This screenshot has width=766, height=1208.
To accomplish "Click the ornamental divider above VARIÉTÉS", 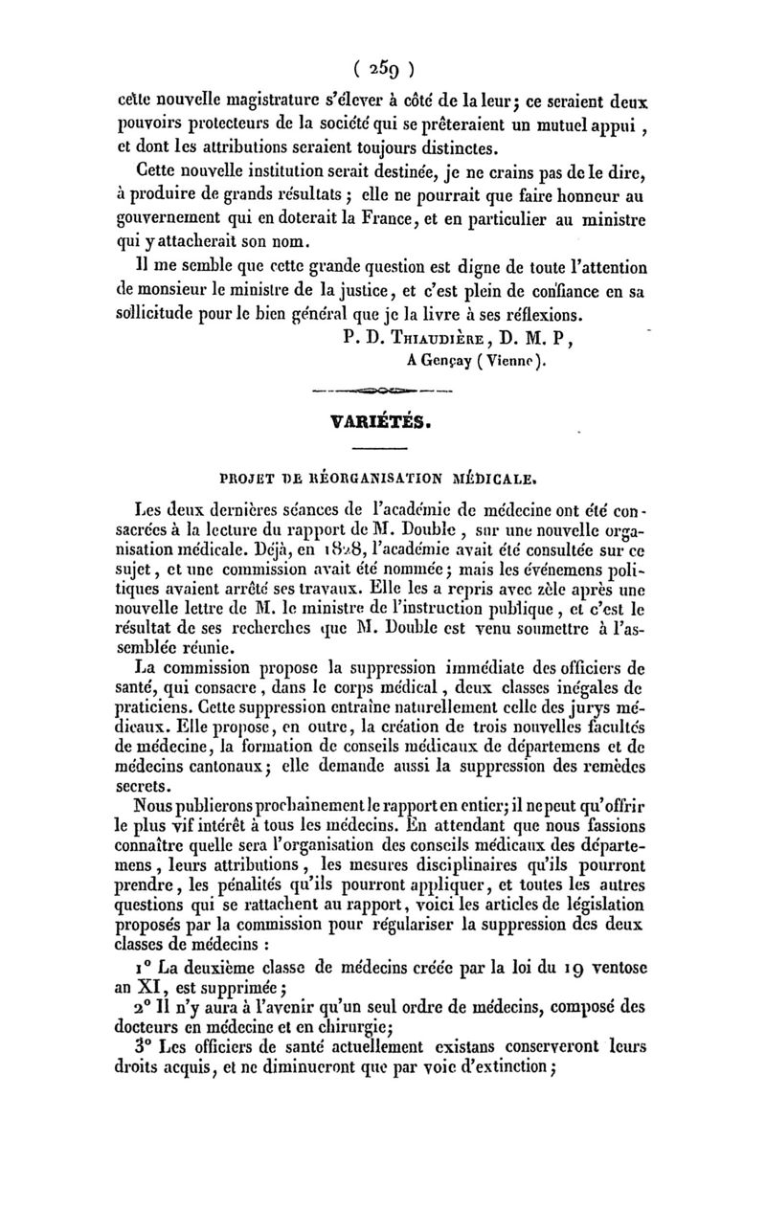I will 383,391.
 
